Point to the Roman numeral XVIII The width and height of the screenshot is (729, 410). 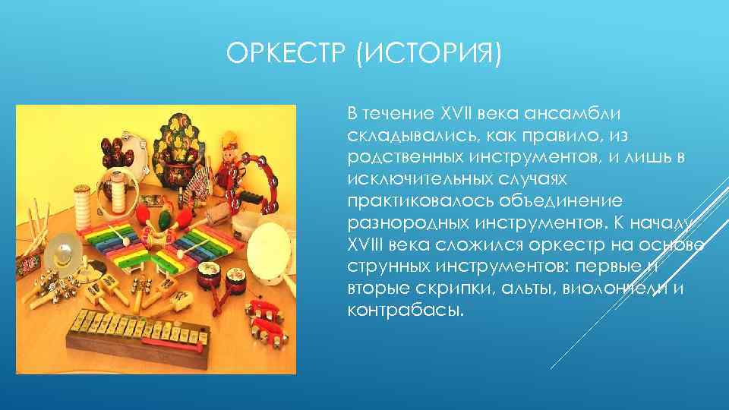(370, 245)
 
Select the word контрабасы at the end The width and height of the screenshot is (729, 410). (403, 311)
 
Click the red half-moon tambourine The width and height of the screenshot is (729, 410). (256, 182)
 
